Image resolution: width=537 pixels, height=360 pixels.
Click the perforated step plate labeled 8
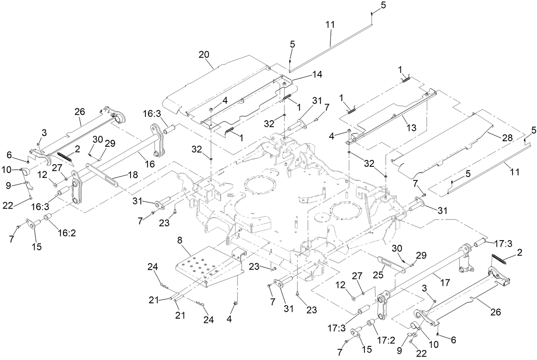[205, 267]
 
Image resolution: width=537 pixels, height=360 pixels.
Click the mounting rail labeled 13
[393, 115]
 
